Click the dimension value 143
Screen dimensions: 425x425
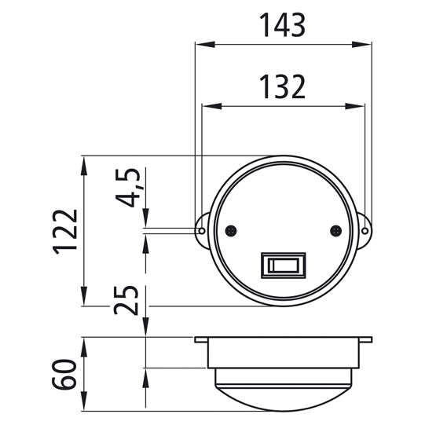pos(283,26)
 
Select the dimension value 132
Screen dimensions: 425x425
pos(283,87)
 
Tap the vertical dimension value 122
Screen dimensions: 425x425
pos(66,231)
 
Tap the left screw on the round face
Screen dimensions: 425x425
pos(231,231)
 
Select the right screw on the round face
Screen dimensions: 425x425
pos(335,231)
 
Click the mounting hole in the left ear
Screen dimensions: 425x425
pos(202,231)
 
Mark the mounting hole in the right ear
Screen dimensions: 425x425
pos(365,231)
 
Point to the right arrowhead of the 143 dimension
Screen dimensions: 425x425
pos(367,46)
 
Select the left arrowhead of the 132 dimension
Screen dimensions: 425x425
pos(207,106)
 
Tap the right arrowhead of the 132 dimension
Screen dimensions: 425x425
pos(360,106)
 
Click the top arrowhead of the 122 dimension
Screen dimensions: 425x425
pos(84,161)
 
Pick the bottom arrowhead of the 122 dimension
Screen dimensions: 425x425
pos(84,300)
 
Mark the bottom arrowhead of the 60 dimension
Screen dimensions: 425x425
pos(84,405)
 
